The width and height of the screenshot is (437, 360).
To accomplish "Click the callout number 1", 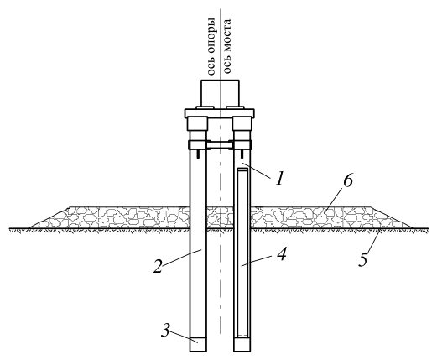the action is (280, 178).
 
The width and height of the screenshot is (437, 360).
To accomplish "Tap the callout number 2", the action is (158, 266).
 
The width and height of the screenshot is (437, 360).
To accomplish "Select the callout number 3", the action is (165, 331).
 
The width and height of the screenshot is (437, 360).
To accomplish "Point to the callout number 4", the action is (281, 254).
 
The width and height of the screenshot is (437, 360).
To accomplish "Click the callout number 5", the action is (363, 259).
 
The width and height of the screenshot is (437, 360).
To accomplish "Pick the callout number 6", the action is (348, 181).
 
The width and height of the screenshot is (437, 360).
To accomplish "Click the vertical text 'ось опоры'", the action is (211, 47).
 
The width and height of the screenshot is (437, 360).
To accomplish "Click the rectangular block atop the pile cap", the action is (220, 93).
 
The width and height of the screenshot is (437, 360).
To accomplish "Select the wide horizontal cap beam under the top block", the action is (219, 113).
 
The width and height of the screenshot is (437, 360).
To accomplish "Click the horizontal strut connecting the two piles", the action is (220, 145).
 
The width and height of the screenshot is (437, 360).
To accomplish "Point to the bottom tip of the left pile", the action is (198, 352).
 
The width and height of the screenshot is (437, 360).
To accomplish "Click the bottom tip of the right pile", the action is (242, 352).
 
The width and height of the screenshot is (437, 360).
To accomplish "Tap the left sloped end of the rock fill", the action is (49, 218).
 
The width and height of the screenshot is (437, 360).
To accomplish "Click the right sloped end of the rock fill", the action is (392, 218).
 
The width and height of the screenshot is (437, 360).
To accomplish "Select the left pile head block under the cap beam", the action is (198, 123).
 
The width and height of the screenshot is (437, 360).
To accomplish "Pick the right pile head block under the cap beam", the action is (242, 123).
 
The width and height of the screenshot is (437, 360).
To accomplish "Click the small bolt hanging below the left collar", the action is (198, 154).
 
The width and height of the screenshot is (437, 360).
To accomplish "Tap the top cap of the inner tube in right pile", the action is (242, 170).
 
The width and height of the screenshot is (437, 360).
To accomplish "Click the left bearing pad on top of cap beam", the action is (205, 107).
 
